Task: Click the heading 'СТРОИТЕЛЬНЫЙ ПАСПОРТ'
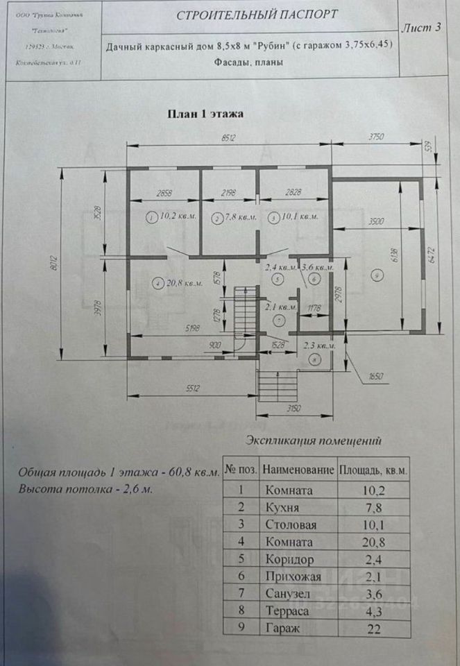(x=257, y=15)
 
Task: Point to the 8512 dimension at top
(x=230, y=139)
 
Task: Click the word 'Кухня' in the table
(x=282, y=507)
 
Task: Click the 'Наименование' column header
(x=298, y=470)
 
